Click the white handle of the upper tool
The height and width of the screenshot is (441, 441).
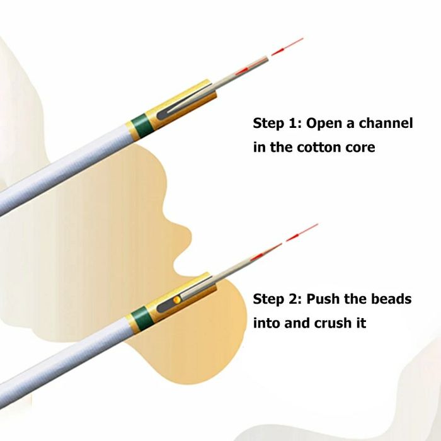coord(63,170)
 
